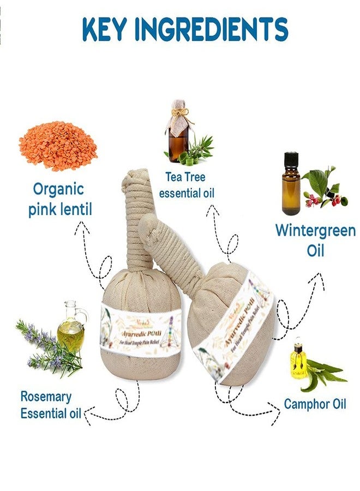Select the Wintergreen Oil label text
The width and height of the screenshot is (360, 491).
tap(315, 240)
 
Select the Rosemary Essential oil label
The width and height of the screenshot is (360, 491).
tap(50, 405)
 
